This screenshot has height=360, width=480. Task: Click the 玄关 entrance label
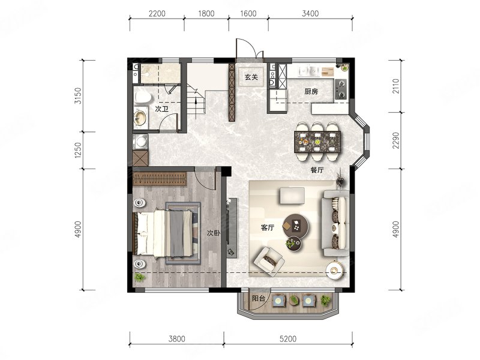pos(251,77)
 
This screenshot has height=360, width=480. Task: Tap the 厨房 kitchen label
pos(311,91)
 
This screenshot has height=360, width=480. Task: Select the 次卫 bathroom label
pos(161,109)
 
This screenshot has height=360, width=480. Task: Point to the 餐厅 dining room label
pos(317,170)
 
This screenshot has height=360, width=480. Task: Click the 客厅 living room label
pos(267,228)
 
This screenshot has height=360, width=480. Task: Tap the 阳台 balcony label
pos(259,298)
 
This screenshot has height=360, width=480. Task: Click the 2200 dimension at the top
pos(157,13)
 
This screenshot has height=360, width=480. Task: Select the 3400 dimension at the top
pos(310,13)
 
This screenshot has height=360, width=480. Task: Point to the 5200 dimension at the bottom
pos(288,339)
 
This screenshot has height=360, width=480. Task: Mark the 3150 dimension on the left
pos(79,96)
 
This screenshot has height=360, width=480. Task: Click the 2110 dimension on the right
pos(396,86)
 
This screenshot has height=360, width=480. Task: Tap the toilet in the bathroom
pos(142,97)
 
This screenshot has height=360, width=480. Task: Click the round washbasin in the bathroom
pos(140,118)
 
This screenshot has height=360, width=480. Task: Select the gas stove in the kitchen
pos(341,89)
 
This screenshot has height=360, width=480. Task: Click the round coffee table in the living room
pos(296,226)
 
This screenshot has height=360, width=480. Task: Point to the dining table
pos(317,142)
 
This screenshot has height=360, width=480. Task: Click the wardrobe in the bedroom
pos(160,179)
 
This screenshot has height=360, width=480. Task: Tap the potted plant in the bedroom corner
pos(140,278)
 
